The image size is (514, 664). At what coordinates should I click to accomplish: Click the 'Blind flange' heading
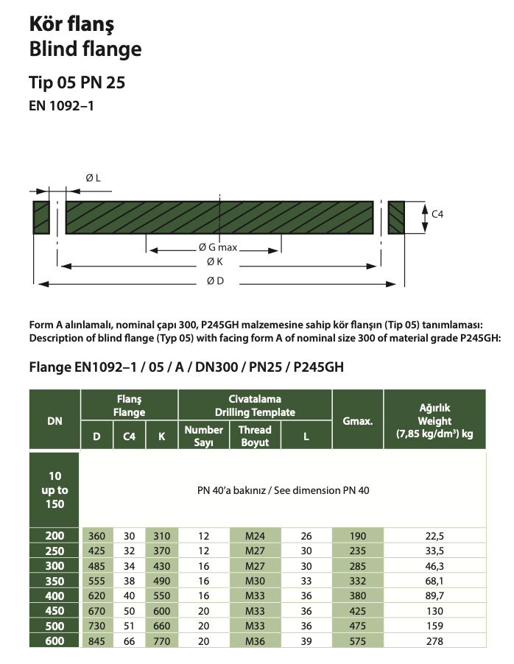85,49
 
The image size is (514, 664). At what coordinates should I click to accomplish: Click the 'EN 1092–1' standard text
62,105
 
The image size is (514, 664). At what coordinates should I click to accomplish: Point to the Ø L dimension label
94,177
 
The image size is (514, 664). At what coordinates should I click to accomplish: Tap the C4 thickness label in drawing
437,213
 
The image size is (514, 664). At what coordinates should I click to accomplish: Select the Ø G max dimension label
218,248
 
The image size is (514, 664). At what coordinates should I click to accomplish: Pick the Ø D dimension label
214,280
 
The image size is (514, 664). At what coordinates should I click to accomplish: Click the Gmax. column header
358,421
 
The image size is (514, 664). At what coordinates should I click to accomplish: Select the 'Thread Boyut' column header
256,435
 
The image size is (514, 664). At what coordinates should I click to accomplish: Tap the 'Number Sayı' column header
204,435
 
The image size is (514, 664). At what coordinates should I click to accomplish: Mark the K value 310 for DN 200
161,536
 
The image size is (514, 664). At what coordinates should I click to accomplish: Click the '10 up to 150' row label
54,490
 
